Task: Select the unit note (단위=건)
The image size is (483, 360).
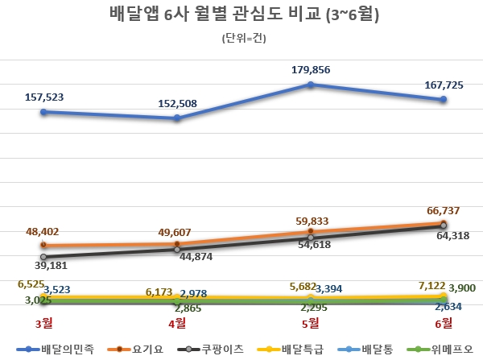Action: click(x=242, y=38)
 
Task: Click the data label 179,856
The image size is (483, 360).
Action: click(x=312, y=69)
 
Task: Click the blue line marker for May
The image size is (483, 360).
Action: click(x=311, y=84)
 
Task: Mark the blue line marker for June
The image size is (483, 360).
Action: click(x=444, y=100)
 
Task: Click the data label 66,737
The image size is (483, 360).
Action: click(x=444, y=210)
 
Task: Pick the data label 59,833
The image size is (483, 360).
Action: click(x=310, y=220)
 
